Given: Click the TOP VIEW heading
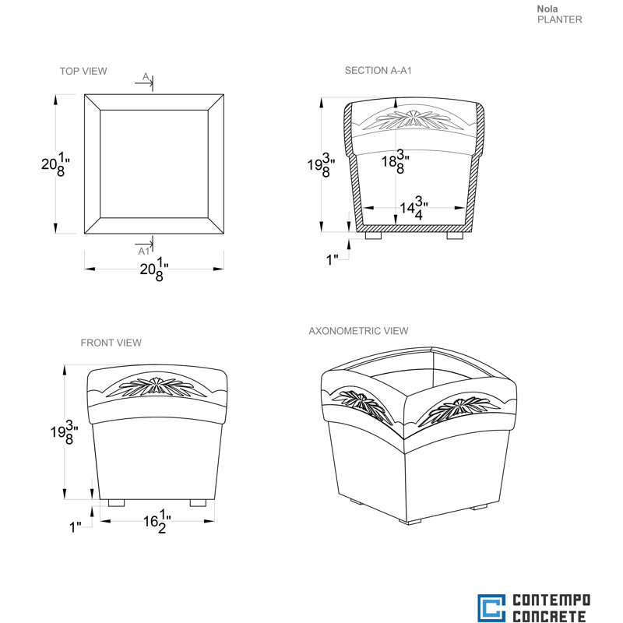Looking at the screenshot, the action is [x=83, y=71].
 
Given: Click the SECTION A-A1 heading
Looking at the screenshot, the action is [x=378, y=70].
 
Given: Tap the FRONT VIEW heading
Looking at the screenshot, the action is [x=111, y=343].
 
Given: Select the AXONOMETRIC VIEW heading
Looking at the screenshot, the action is [x=358, y=330].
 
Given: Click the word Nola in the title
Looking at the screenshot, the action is [x=547, y=9].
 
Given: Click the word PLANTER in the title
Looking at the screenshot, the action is [x=559, y=19].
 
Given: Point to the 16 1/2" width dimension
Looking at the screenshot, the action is [x=157, y=521].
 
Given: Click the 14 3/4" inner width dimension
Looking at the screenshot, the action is [x=414, y=207].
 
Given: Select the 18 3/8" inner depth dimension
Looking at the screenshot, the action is [x=396, y=161].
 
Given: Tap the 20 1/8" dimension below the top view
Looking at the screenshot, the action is [x=153, y=269].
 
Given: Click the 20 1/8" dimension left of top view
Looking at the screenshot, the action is [x=55, y=164].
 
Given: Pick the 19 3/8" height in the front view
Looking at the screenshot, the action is [x=64, y=432].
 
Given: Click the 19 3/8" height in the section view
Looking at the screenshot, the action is [x=321, y=164].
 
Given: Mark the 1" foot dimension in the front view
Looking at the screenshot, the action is [x=75, y=527].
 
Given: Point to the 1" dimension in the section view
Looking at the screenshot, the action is [x=332, y=260].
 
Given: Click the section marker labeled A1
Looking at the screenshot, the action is [x=144, y=251].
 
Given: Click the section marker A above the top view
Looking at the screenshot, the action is [x=146, y=76].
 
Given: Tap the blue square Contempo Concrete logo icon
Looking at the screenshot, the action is [x=491, y=608].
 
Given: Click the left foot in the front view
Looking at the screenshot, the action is [x=116, y=503].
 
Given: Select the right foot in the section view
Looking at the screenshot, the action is [x=455, y=236].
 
